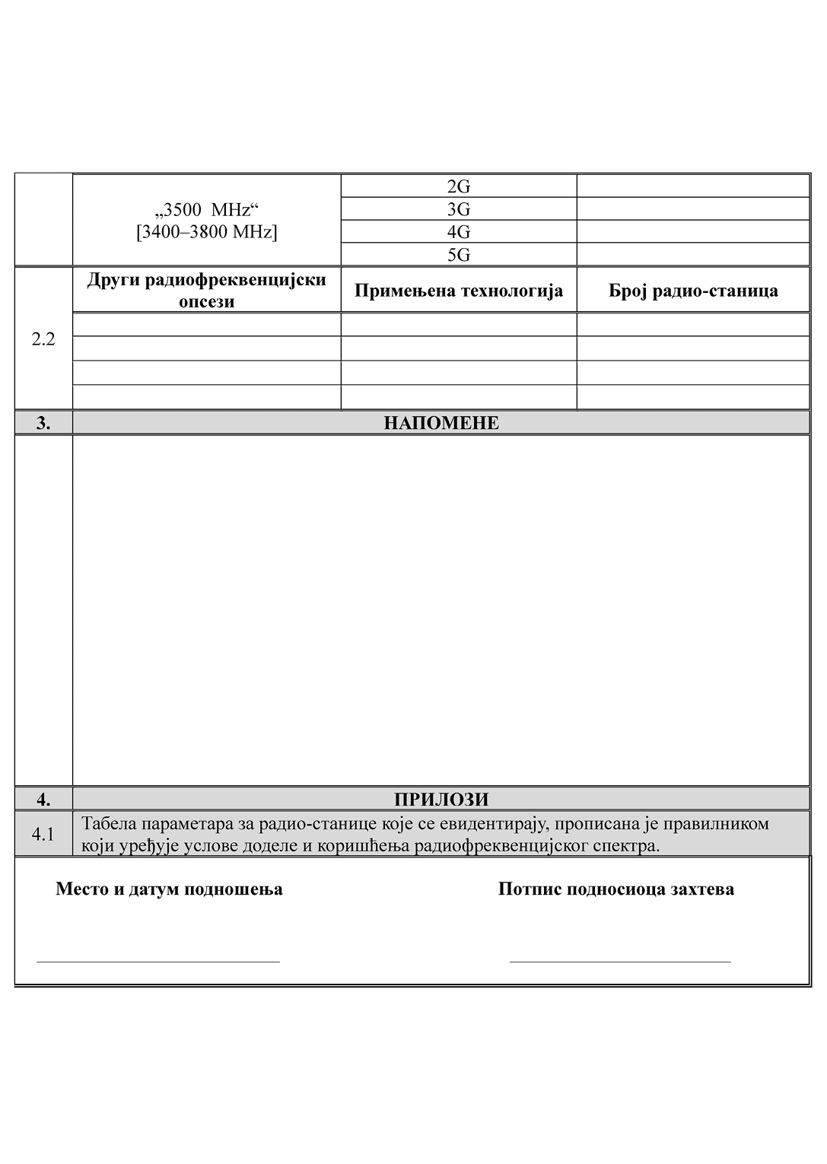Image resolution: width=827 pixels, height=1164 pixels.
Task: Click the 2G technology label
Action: [458, 186]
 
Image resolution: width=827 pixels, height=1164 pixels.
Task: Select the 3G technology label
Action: [458, 209]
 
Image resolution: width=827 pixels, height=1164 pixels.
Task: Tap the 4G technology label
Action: [458, 231]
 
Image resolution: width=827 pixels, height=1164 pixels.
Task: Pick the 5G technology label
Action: [458, 254]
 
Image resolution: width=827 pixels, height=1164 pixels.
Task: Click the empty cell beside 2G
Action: [692, 186]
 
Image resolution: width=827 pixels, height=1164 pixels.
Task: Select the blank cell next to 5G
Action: [692, 254]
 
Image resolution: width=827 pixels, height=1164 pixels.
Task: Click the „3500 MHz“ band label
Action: [207, 209]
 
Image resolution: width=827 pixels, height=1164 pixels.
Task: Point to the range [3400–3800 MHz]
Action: [207, 231]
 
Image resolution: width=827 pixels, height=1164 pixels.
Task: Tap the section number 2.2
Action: [43, 339]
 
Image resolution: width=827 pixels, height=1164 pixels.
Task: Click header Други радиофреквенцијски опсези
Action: [207, 290]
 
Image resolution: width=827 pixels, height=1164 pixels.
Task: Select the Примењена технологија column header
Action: [458, 291]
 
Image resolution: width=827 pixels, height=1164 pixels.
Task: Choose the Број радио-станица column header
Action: [692, 291]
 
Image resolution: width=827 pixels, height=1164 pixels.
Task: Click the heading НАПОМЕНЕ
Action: [441, 423]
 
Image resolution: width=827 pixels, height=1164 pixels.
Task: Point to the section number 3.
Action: [43, 423]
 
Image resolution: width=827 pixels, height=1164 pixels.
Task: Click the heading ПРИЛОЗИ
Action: [441, 799]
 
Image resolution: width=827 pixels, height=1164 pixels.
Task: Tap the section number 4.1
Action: [43, 835]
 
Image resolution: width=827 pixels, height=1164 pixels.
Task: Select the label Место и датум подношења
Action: [169, 889]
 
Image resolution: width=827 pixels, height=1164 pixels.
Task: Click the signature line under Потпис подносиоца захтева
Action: [619, 961]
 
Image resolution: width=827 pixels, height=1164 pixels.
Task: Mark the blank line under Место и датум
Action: [158, 961]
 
